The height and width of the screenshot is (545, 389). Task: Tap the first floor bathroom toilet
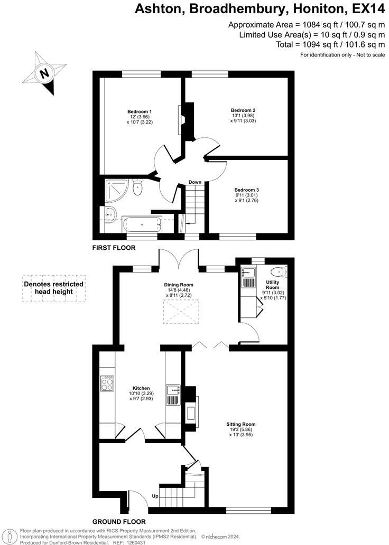[138, 189]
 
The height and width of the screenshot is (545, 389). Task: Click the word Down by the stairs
[195, 182]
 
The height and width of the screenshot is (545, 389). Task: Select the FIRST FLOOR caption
[114, 248]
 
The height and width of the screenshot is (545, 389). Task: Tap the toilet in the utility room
[277, 272]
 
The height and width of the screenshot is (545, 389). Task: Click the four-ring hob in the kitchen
[108, 383]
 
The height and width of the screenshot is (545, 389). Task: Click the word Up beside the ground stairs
[155, 496]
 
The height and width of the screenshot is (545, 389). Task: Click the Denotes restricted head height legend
[53, 288]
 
